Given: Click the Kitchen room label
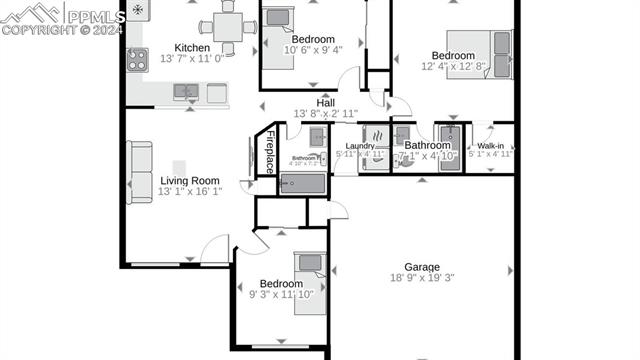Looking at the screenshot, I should (x=192, y=48).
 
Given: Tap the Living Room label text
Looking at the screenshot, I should (x=190, y=181).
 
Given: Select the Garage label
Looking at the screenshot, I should (x=422, y=267).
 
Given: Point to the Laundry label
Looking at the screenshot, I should (x=360, y=146).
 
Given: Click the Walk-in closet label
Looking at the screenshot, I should (x=490, y=146).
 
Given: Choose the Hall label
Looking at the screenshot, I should (x=326, y=103).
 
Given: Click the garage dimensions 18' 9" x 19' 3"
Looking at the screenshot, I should (x=422, y=279).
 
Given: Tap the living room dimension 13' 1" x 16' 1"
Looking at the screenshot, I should (x=190, y=192).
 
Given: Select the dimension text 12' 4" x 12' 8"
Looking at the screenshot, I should (x=452, y=66).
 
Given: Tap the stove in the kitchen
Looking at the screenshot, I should (x=137, y=59).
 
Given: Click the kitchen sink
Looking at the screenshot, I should (x=185, y=91).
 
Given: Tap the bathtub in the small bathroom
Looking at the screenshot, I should (x=302, y=183).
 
